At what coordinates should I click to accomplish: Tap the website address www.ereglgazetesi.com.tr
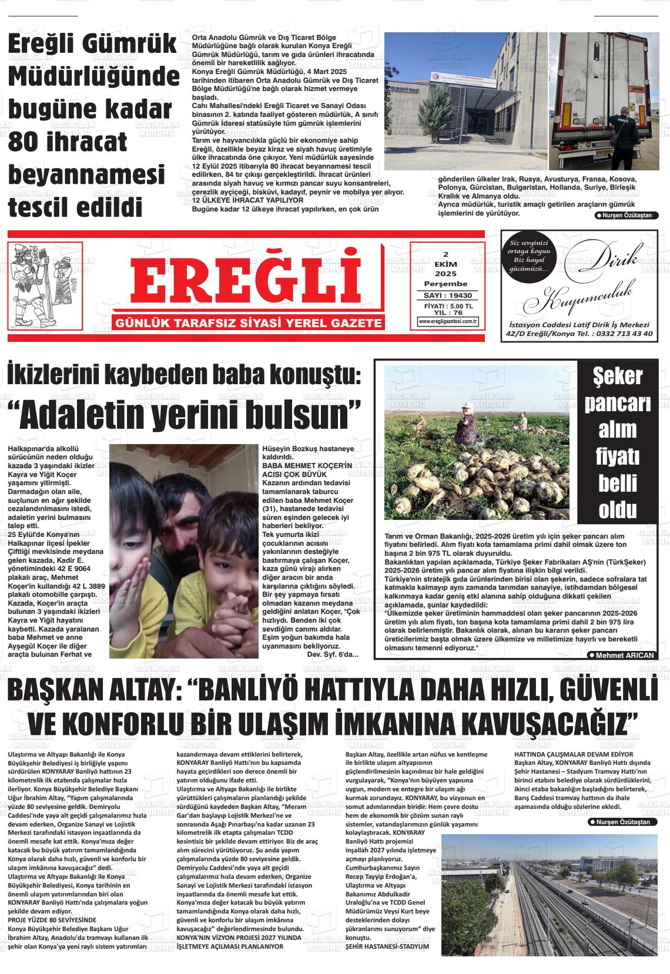coord(448,321)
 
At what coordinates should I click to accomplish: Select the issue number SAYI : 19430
coord(448,295)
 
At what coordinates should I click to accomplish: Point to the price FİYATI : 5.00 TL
coord(448,306)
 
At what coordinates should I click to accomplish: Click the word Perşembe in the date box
coord(445,284)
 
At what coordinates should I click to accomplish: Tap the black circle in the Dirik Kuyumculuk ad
coord(529,256)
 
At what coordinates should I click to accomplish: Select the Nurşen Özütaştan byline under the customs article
coord(627,216)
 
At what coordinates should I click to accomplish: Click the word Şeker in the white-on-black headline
coord(617,377)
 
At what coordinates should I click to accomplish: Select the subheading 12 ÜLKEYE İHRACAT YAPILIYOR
coord(248,200)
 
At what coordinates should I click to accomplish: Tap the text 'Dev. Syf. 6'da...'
coord(333,654)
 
